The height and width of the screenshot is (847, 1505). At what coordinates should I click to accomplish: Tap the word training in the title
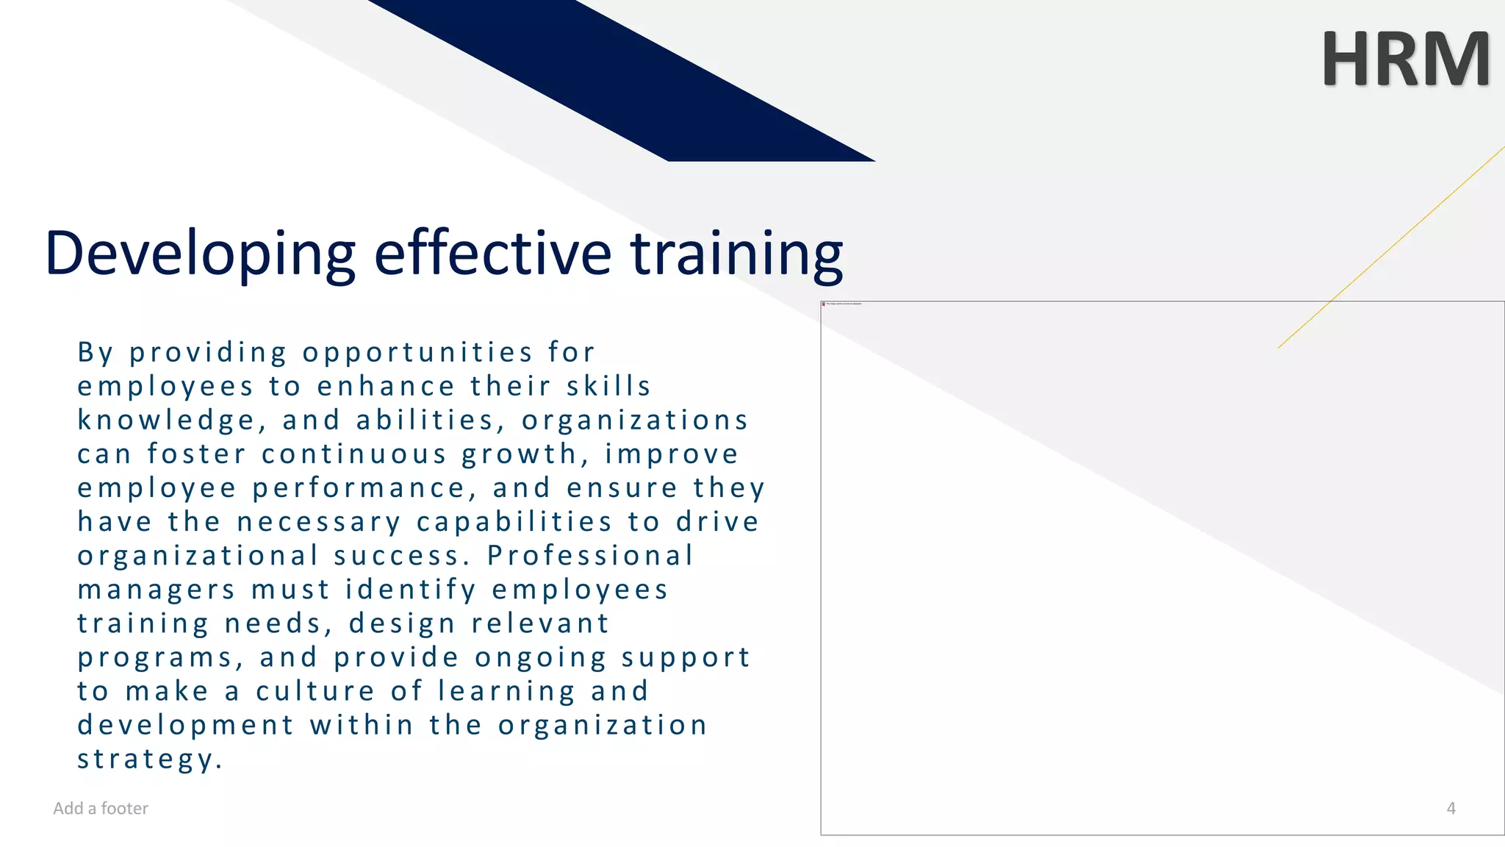tap(737, 254)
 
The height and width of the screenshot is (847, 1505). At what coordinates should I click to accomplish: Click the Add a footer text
tap(101, 808)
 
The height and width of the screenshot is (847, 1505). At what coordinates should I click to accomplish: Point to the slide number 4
tap(1451, 808)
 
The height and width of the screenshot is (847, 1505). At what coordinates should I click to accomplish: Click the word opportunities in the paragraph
tap(417, 353)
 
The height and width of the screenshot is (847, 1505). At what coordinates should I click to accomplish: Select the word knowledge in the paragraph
tap(166, 421)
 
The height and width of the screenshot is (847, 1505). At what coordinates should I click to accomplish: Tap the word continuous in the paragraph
tap(354, 454)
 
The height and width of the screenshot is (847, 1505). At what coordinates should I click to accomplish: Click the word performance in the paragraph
tap(359, 488)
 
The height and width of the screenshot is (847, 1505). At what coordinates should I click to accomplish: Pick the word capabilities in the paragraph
tap(514, 522)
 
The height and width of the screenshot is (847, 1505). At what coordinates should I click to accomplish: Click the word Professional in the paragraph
tap(590, 556)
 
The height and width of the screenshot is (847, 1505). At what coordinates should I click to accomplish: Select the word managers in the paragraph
tap(157, 590)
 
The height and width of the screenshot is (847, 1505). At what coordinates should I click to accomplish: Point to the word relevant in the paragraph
tap(540, 623)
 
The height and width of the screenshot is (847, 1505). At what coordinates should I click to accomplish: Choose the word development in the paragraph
tap(186, 726)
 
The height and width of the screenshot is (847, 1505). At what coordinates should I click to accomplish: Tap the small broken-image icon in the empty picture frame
tap(824, 304)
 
